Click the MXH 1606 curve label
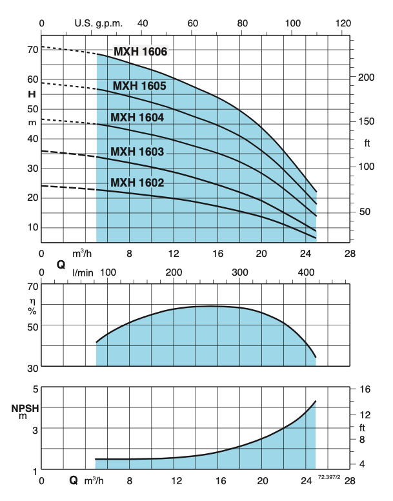[140, 52]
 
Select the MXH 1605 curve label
[139, 86]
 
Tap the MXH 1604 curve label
[137, 118]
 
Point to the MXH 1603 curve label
[137, 152]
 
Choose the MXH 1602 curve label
[137, 183]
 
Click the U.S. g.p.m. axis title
[97, 23]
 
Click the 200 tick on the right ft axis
[366, 77]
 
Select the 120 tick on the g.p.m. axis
[343, 23]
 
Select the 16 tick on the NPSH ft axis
[366, 389]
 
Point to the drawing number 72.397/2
[329, 476]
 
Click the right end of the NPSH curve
[316, 401]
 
